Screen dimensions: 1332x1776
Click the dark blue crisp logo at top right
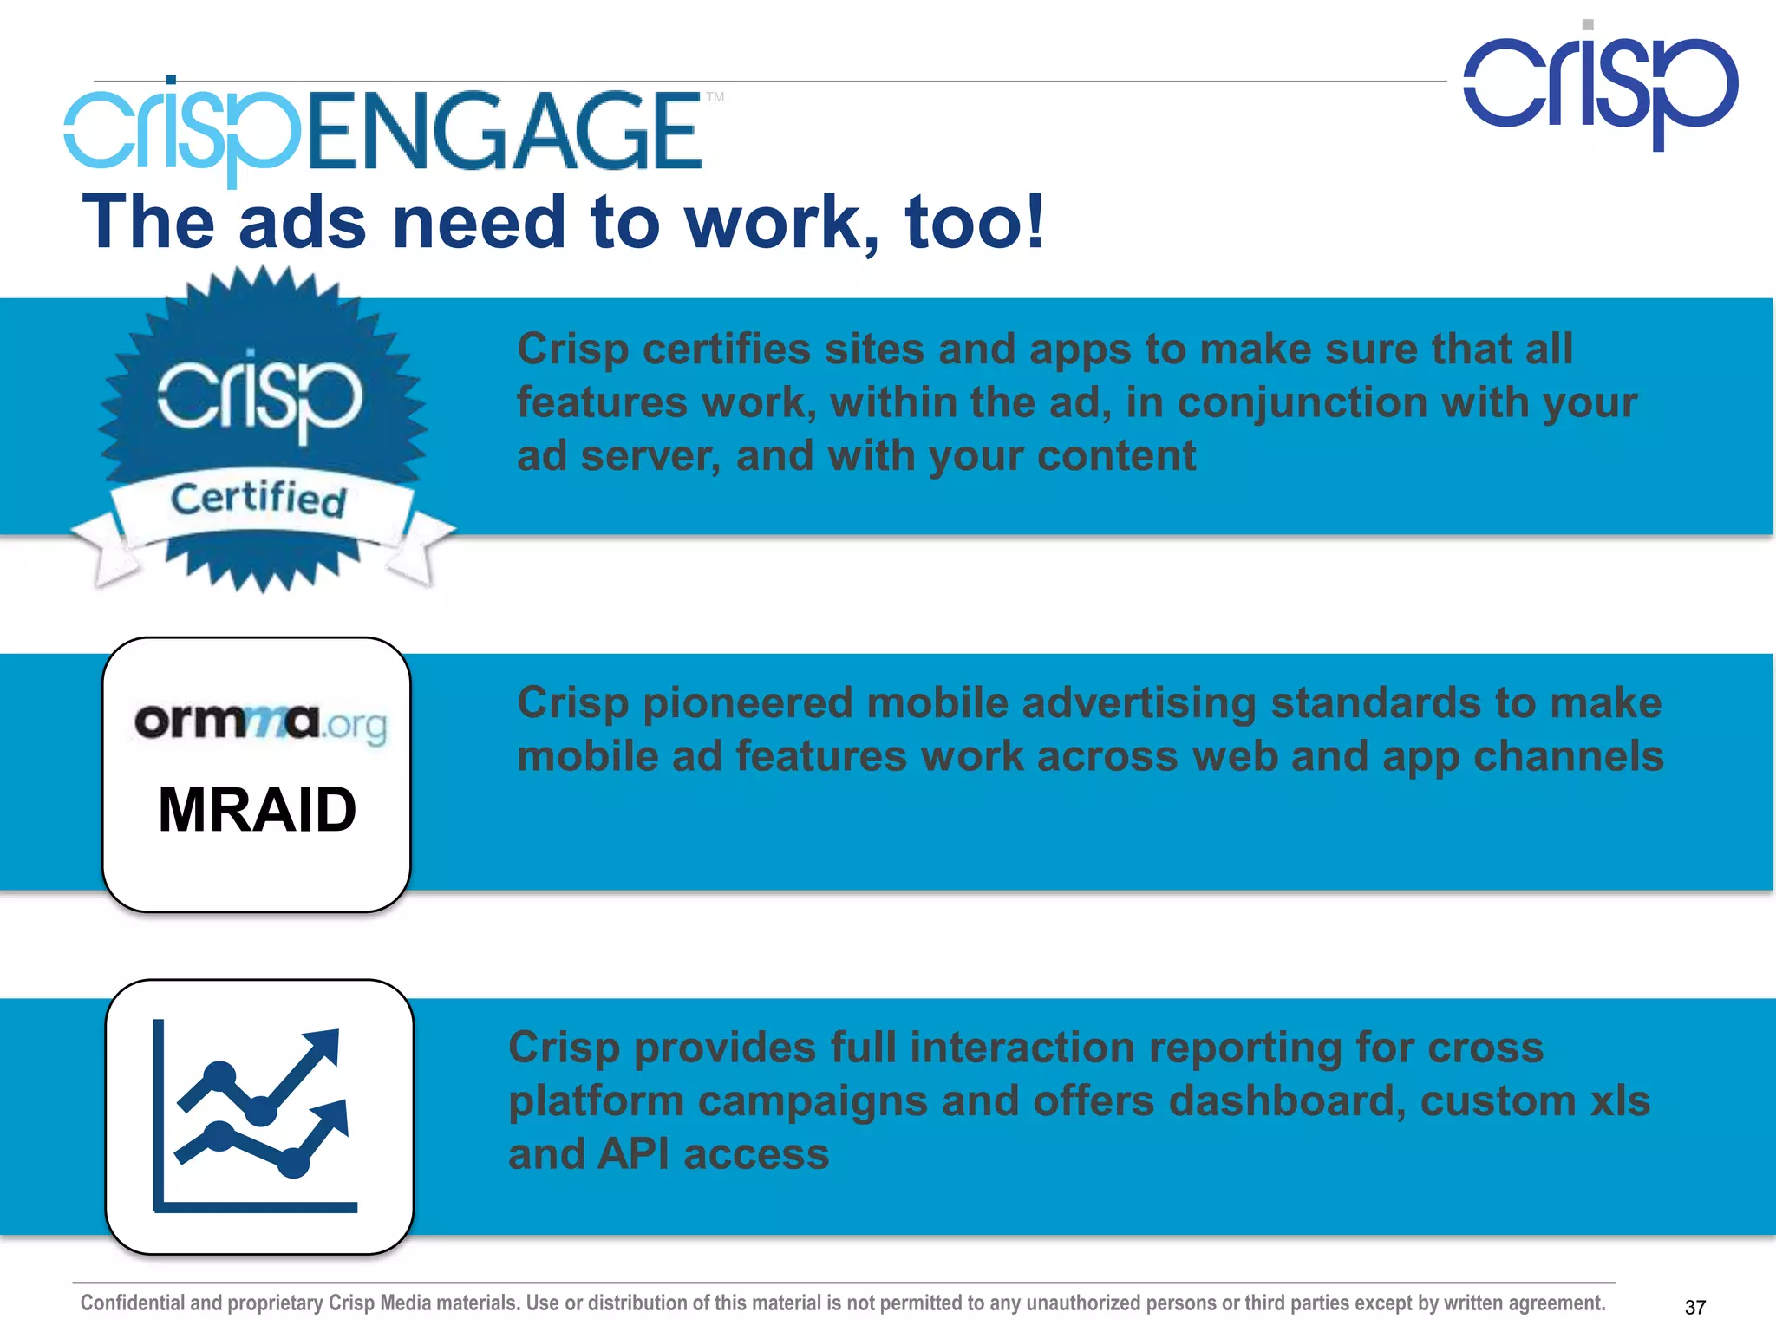pos(1601,87)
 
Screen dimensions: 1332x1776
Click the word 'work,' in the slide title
pos(781,223)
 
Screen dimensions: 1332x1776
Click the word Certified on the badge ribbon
pos(258,499)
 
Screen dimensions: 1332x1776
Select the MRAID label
pos(257,810)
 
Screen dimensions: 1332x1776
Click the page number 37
pos(1694,1307)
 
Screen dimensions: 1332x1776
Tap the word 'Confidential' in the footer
pos(133,1303)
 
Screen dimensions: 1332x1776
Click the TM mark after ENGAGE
pos(715,97)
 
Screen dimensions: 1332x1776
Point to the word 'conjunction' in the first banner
pos(1302,403)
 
